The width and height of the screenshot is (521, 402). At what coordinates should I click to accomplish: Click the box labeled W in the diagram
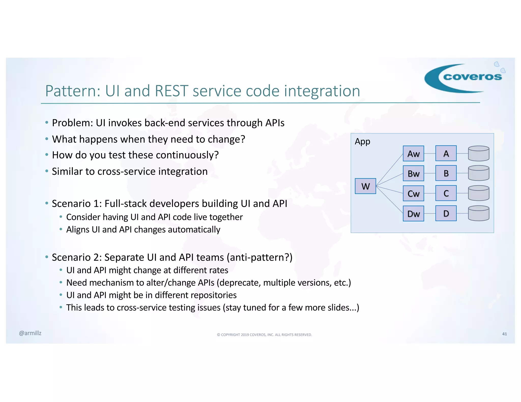[x=365, y=186]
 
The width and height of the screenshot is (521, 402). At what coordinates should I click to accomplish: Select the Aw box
[x=413, y=153]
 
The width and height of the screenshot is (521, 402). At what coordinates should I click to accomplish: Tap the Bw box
[x=413, y=173]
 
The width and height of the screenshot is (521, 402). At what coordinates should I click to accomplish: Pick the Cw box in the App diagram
[x=413, y=193]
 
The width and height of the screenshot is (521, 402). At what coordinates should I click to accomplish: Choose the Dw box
[x=413, y=213]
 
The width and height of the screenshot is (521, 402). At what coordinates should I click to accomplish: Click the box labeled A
[x=446, y=153]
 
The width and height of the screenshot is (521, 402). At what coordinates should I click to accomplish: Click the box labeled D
[x=446, y=213]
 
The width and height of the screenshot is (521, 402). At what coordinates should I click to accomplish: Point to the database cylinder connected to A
[x=479, y=153]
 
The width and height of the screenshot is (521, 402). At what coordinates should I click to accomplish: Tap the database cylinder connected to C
[x=479, y=193]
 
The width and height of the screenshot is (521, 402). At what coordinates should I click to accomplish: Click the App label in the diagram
[x=362, y=141]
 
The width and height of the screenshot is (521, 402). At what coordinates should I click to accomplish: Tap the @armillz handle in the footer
[x=30, y=333]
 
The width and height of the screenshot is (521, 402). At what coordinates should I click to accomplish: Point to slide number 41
[x=504, y=334]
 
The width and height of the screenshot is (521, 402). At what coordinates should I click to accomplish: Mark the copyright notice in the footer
[x=264, y=335]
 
